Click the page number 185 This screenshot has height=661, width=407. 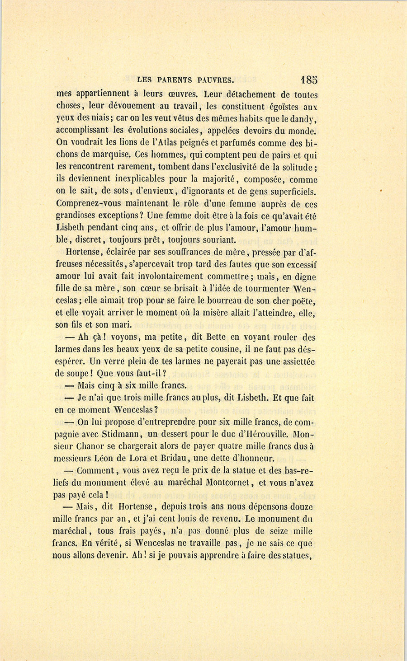pos(309,80)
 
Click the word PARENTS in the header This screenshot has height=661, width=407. pos(174,80)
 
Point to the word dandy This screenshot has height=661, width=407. pos(304,119)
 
